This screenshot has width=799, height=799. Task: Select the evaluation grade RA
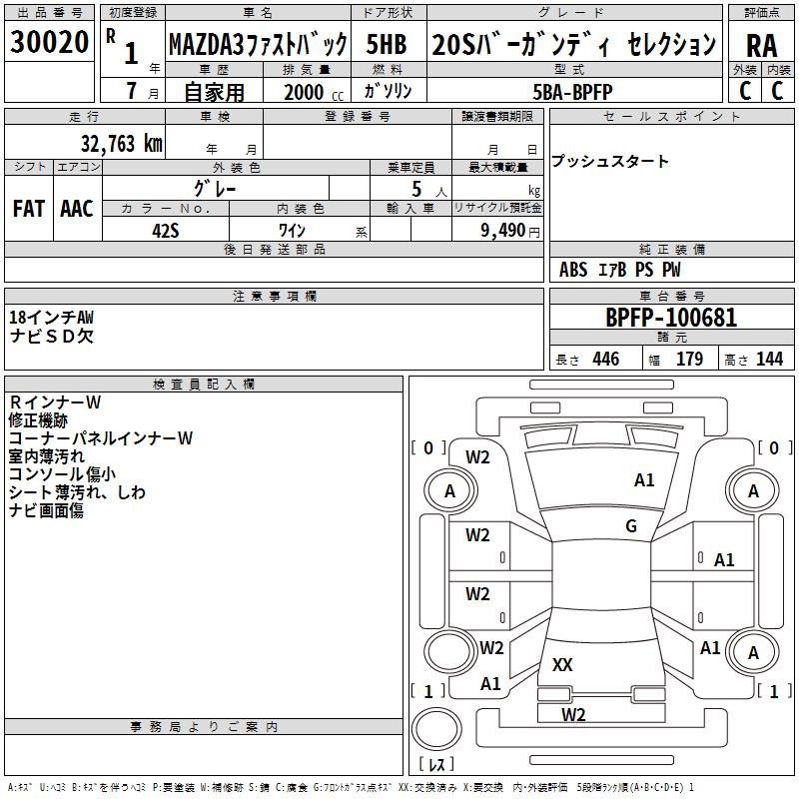[761, 45]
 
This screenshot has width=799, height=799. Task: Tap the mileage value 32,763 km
[121, 144]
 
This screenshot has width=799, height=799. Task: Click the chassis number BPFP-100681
[671, 319]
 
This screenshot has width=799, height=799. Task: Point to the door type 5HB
[386, 45]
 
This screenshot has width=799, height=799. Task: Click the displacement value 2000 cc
[304, 92]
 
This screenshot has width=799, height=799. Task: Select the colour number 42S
[165, 229]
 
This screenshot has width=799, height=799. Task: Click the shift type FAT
[28, 209]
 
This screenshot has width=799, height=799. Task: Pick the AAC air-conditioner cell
[76, 209]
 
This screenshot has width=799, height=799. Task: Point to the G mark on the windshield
[631, 526]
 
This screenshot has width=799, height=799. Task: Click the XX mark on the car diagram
[562, 665]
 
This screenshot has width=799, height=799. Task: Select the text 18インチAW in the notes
[52, 318]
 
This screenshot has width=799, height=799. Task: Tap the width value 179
[689, 360]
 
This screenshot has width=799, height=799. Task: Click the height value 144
[769, 360]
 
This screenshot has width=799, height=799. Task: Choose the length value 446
[605, 360]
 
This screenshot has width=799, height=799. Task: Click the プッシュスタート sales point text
[610, 162]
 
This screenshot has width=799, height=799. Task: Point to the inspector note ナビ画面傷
[46, 510]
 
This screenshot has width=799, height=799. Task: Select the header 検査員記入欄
[204, 385]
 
